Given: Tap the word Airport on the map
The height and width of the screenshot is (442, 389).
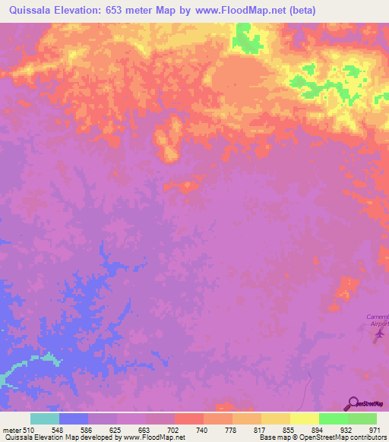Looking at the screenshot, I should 377,324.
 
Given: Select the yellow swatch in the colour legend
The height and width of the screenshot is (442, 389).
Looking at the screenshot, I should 305,418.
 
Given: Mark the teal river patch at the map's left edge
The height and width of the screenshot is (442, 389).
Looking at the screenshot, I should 15,371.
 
